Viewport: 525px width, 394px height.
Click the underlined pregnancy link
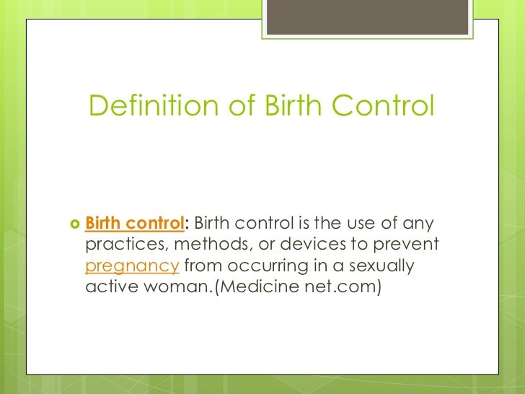click(x=132, y=266)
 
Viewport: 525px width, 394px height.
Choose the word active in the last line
click(x=108, y=287)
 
